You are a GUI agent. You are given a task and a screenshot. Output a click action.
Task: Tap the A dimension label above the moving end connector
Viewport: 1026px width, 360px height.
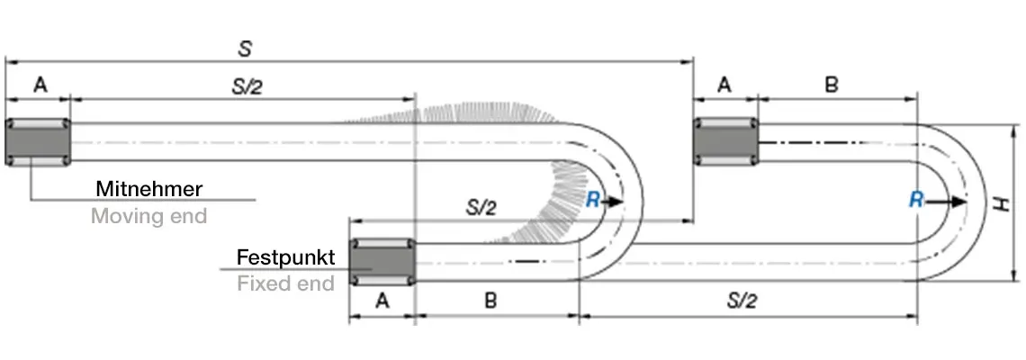tap(39, 85)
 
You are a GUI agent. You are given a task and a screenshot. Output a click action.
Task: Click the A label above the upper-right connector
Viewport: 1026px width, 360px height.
tap(724, 85)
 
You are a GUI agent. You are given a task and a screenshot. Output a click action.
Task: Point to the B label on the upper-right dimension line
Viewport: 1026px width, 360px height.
tap(832, 85)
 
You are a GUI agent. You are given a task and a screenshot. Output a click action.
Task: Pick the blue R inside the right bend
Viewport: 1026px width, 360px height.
tap(916, 200)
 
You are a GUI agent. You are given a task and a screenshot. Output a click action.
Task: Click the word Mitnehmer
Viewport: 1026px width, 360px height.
tap(148, 189)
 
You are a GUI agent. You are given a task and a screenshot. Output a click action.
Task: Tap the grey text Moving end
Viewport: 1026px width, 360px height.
tap(148, 216)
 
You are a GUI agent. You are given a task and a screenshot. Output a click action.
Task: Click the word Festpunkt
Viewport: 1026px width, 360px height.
tap(285, 257)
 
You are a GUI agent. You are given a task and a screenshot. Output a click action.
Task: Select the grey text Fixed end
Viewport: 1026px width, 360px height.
tap(285, 283)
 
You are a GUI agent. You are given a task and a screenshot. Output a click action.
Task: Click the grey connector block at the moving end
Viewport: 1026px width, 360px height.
tap(38, 141)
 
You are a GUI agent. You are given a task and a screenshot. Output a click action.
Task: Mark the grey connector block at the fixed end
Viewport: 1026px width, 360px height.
tap(382, 262)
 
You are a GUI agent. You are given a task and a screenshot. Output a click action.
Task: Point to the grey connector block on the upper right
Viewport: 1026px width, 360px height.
tap(724, 141)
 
